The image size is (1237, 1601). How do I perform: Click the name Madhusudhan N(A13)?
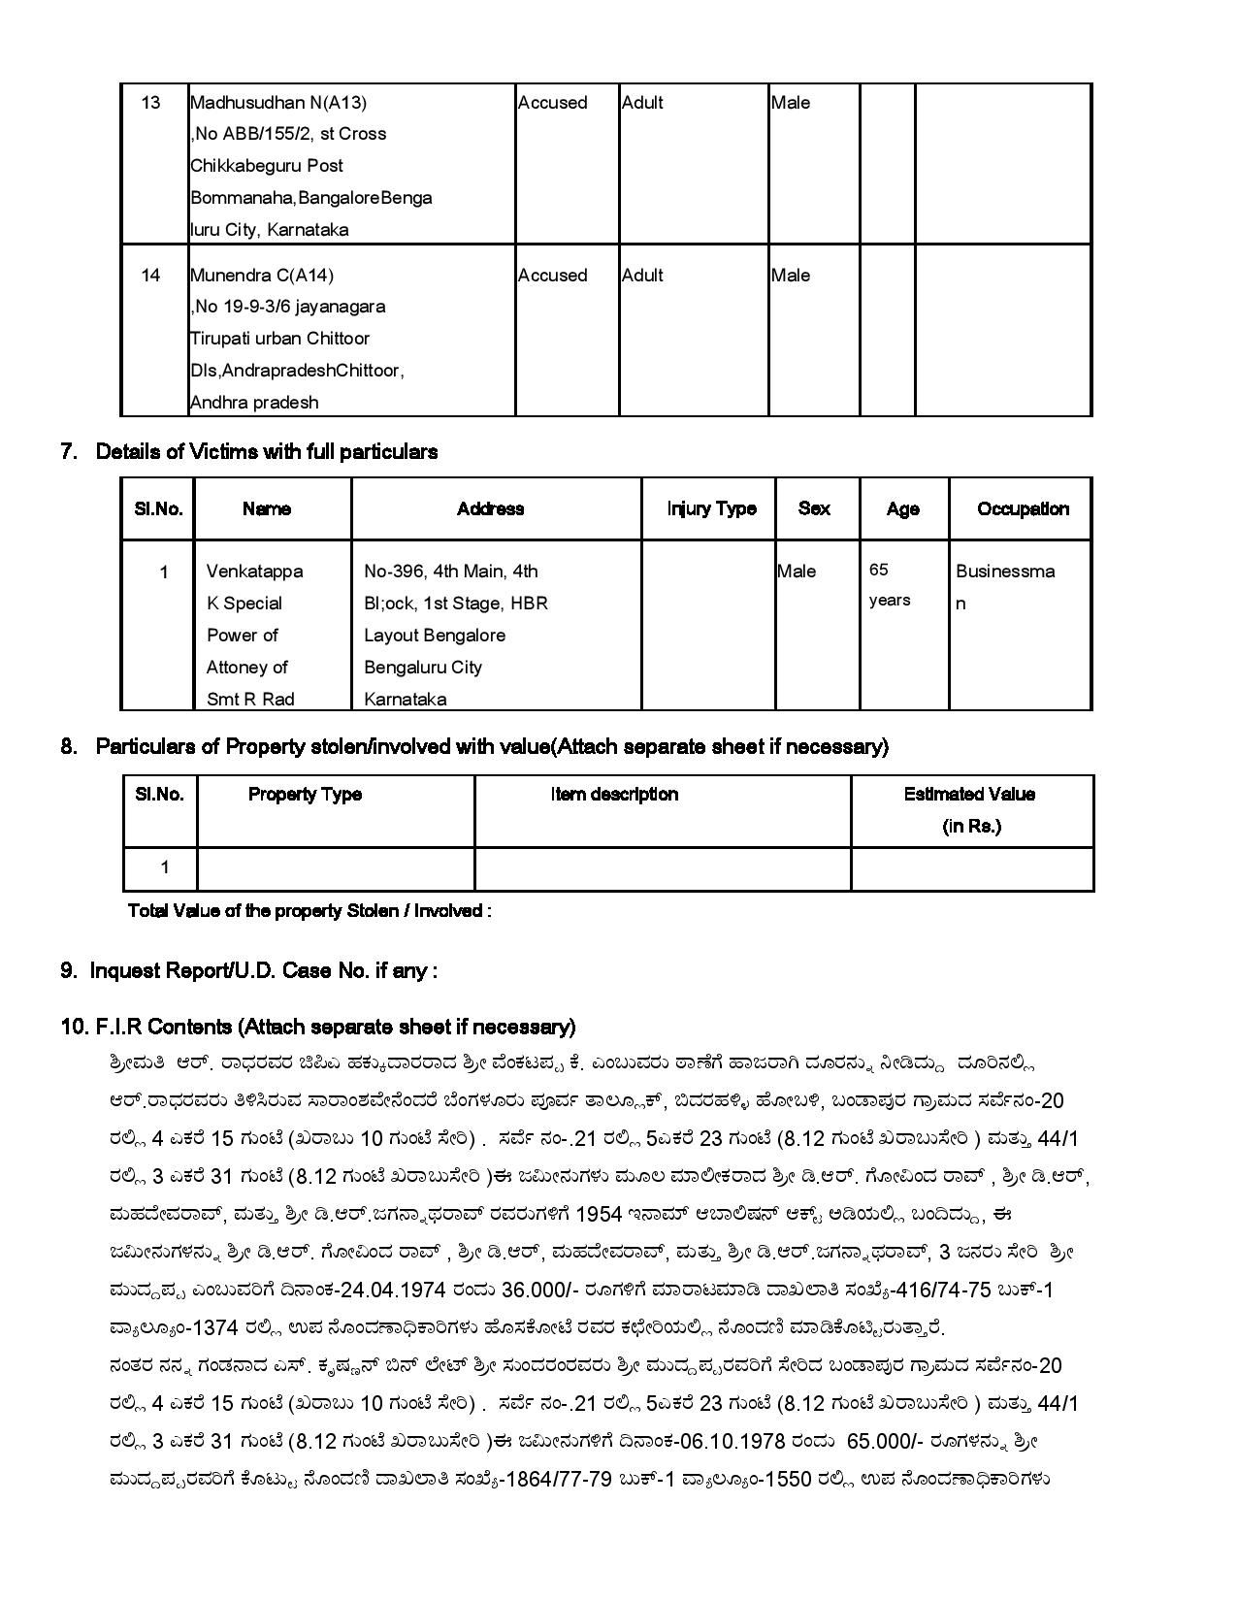tap(278, 102)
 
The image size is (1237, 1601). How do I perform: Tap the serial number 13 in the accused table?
tap(150, 102)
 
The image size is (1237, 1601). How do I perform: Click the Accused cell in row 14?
tap(552, 275)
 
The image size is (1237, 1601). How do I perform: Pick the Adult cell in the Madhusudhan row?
tap(642, 102)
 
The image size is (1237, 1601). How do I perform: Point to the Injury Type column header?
tap(711, 508)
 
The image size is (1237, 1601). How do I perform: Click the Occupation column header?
tap(1023, 508)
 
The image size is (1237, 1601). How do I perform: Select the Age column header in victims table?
tap(902, 509)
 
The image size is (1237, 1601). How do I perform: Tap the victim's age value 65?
tap(879, 570)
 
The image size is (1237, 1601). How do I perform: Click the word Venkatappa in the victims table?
tap(254, 572)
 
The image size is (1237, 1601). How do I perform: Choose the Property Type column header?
tap(305, 794)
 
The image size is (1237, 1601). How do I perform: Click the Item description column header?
tap(614, 794)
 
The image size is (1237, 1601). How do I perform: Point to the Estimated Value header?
tap(969, 794)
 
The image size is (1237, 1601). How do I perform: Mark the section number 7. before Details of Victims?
tap(69, 451)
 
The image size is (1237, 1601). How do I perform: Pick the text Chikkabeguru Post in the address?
tap(267, 166)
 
